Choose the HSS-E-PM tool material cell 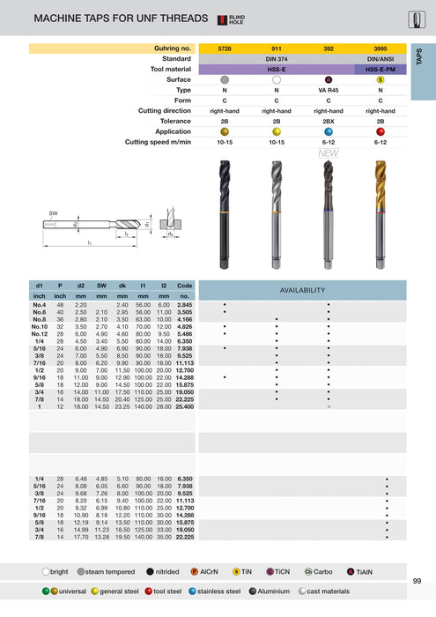[x=381, y=68]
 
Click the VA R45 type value [x=329, y=89]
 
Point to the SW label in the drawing [x=54, y=213]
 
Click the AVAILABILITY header [x=302, y=290]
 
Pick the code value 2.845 [x=184, y=304]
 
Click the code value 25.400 [x=184, y=406]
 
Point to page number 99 [x=416, y=580]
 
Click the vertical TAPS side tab [x=422, y=55]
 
